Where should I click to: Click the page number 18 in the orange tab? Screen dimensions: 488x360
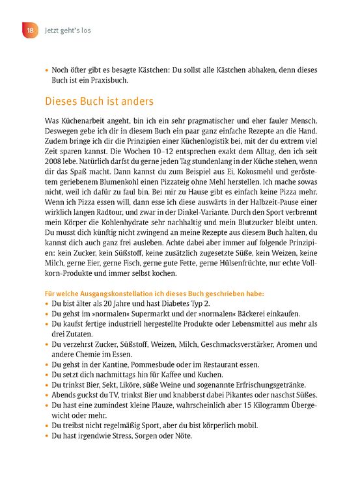click(29, 31)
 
